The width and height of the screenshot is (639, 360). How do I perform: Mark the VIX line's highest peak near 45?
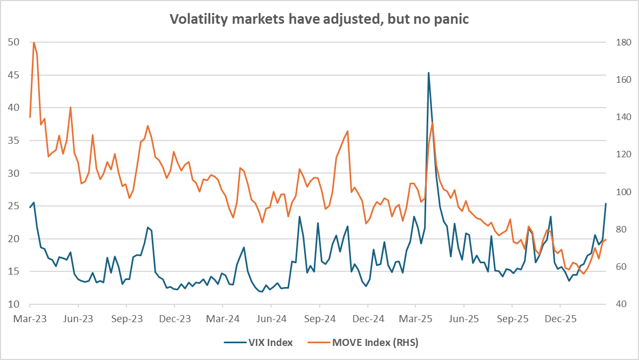[428, 72]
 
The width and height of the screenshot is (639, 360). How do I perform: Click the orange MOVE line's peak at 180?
[33, 42]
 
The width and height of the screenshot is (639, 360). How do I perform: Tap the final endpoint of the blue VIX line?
[606, 203]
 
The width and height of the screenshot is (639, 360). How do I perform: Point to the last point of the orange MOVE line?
[606, 239]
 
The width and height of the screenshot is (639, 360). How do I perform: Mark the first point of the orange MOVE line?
[30, 117]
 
